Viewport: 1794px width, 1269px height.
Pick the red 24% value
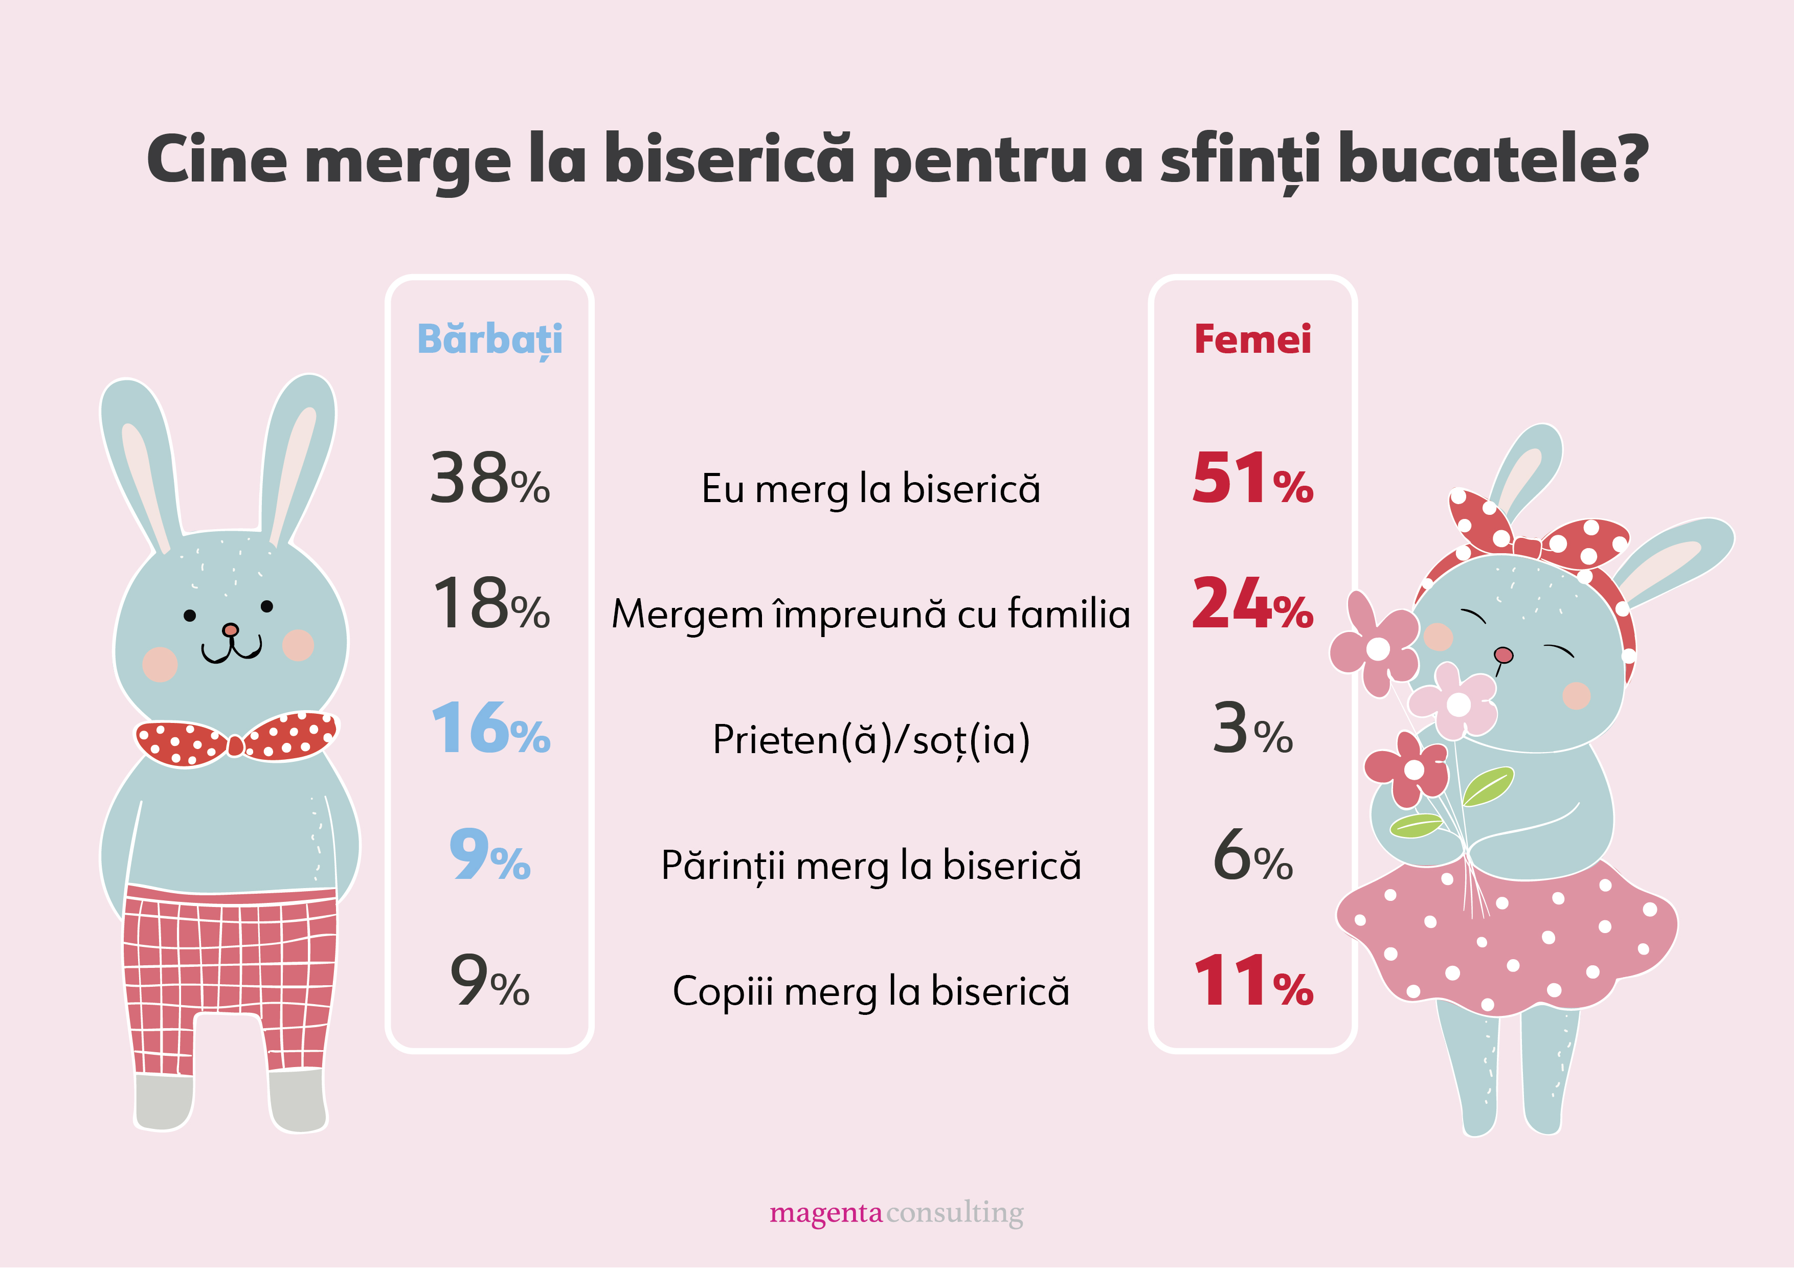click(x=1252, y=604)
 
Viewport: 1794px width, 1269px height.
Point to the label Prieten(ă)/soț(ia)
click(x=870, y=740)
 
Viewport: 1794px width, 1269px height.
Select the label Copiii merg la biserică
click(x=870, y=991)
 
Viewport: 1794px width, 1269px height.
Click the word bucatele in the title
click(x=1492, y=160)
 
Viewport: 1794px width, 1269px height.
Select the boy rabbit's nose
click(x=230, y=630)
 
